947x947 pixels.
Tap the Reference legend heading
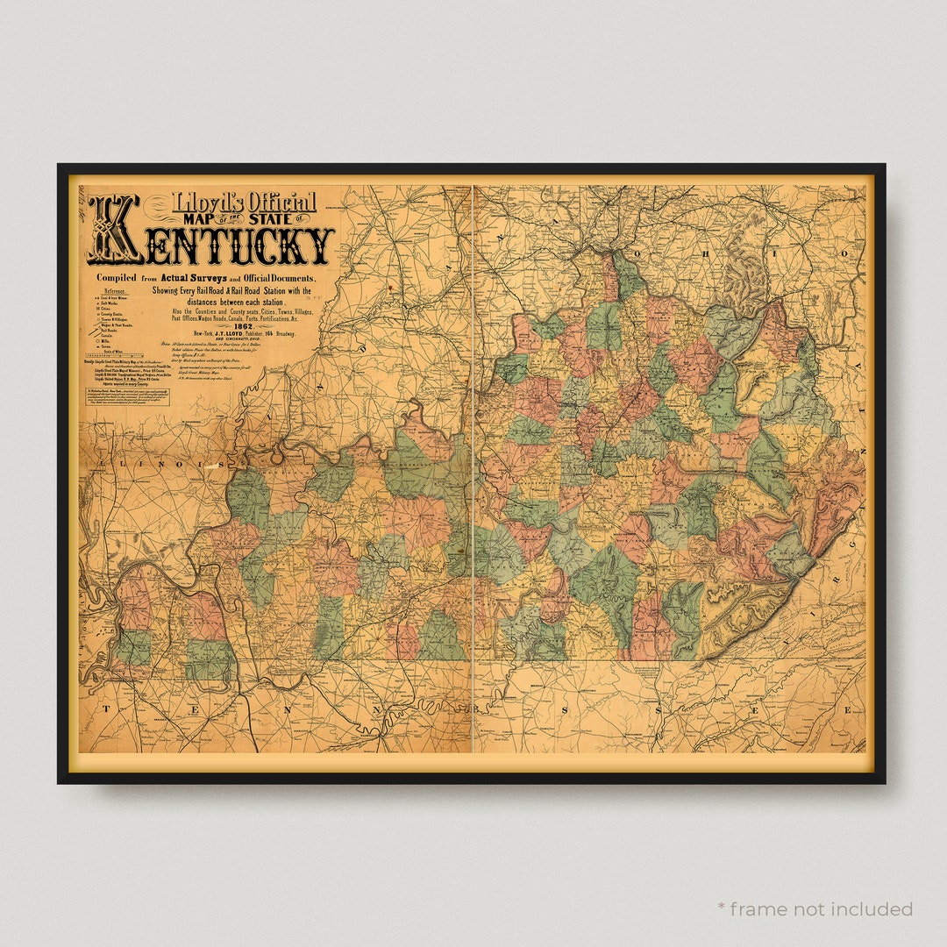coord(115,291)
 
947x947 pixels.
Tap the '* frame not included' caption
coord(815,909)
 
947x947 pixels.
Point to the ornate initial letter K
coord(114,230)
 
